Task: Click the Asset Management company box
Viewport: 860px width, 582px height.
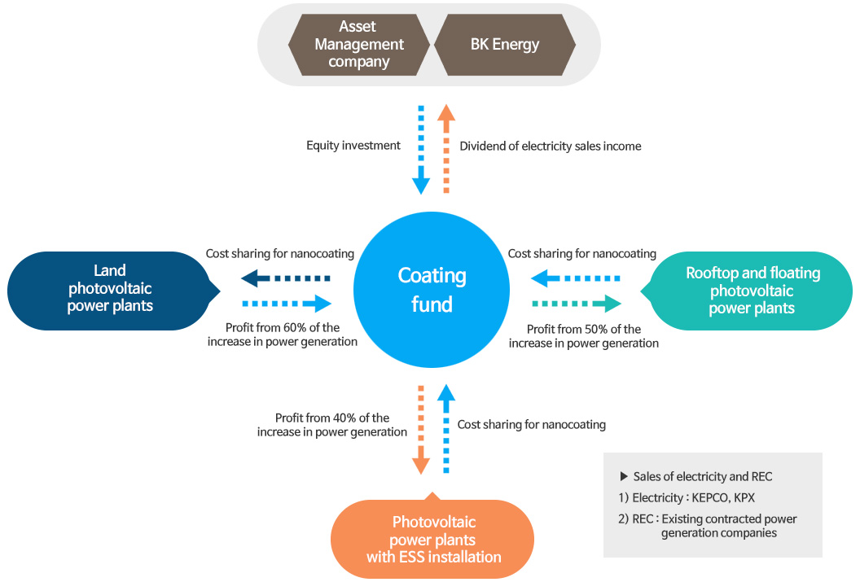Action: click(x=359, y=44)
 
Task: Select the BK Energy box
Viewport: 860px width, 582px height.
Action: click(x=505, y=44)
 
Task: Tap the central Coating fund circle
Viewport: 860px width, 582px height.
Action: click(x=432, y=289)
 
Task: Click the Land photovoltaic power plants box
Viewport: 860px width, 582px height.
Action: click(x=110, y=288)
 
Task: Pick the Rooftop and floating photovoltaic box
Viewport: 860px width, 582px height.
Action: click(x=751, y=291)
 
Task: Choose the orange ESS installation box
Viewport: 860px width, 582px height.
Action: click(x=432, y=539)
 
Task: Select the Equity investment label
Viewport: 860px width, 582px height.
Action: click(x=353, y=146)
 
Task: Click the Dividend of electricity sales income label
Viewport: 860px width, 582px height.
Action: click(x=551, y=147)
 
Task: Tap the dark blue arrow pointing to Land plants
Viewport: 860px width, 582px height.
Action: click(x=285, y=278)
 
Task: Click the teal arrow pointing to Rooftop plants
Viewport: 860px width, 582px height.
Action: click(x=576, y=304)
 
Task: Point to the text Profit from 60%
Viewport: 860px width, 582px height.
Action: click(x=283, y=328)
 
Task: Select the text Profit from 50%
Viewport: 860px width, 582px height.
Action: click(x=584, y=330)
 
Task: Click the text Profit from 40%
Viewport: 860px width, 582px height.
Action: click(x=332, y=418)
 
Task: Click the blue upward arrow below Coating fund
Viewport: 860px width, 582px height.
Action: click(x=445, y=430)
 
